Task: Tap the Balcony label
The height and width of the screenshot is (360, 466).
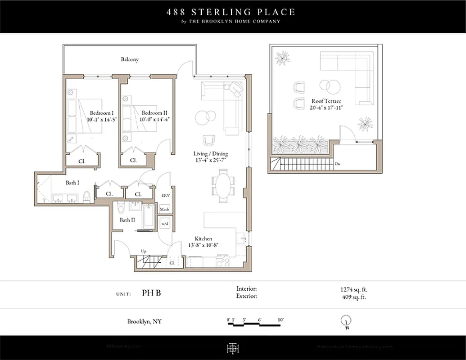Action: coord(130,59)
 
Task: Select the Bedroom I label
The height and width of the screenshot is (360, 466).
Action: coord(101,112)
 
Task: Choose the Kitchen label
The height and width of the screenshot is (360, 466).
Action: coord(203,238)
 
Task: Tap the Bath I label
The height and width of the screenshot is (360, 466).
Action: coord(72,183)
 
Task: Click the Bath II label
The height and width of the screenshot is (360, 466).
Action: coord(127,220)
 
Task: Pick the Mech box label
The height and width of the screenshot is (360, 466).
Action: coord(165,209)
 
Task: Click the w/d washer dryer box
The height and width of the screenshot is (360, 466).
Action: coord(165,224)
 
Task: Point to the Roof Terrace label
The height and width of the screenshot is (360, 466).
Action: coord(326,101)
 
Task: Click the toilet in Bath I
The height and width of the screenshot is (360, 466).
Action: coord(87,197)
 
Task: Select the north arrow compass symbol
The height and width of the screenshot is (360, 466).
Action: coord(346,321)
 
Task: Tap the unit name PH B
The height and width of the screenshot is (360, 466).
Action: coord(151,293)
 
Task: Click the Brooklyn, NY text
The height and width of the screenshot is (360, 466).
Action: coord(145,321)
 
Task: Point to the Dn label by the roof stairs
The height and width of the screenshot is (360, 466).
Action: coord(337,164)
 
